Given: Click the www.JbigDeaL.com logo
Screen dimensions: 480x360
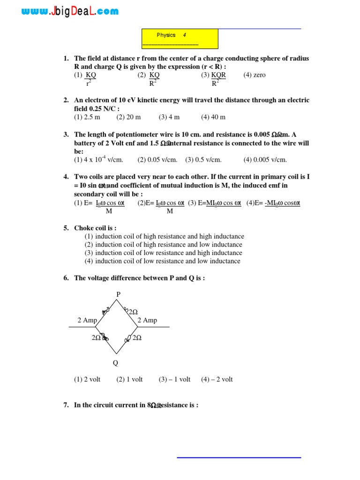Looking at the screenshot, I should (x=70, y=12).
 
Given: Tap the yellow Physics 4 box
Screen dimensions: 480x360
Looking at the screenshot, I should (x=180, y=38).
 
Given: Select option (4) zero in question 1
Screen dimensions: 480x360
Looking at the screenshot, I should (x=255, y=75).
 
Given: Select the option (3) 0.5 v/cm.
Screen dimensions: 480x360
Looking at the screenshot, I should (x=203, y=160).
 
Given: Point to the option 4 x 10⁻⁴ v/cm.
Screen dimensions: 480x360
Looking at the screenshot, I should (x=98, y=159).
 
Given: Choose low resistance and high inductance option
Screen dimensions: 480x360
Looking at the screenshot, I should (x=164, y=253).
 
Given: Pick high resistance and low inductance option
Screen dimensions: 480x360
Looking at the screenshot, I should (x=164, y=245).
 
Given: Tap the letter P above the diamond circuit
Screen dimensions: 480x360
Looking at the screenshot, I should (x=119, y=294).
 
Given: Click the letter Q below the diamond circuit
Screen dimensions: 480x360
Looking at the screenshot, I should (x=115, y=362).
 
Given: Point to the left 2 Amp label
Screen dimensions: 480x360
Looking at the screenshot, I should (x=87, y=320).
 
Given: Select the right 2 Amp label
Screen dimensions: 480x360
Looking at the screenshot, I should (x=147, y=320).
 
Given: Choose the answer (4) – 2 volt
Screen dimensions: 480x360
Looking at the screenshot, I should (x=217, y=379).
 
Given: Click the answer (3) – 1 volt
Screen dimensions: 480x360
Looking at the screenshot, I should (x=174, y=379).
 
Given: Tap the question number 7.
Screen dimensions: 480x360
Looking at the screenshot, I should (x=66, y=405).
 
